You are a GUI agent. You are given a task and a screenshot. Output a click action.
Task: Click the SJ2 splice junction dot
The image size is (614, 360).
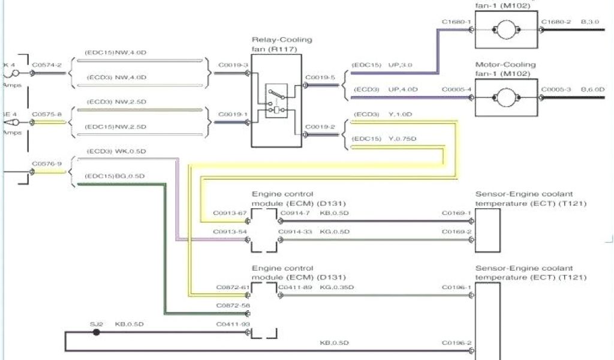coord(96,331)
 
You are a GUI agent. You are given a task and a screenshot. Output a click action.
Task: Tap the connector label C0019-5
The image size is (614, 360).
coord(316,77)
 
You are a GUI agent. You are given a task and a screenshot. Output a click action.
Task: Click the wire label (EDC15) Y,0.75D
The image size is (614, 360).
coord(385,139)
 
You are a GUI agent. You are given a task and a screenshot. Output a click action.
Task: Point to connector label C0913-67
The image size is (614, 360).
coord(230,213)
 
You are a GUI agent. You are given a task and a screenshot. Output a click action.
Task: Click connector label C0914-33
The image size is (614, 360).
coord(294,232)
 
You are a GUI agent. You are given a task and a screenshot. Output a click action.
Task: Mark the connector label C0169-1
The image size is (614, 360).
coord(456,213)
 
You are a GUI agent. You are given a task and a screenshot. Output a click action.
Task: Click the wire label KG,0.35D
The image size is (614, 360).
coord(337,287)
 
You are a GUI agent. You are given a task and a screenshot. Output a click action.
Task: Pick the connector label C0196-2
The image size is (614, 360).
coord(456,343)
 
